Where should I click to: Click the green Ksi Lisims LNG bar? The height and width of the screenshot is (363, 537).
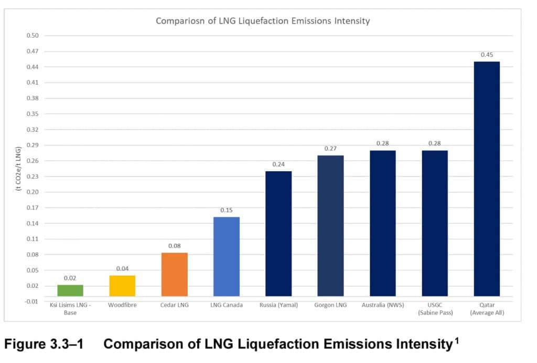tap(70, 291)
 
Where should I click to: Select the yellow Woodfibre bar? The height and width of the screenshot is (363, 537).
tap(122, 286)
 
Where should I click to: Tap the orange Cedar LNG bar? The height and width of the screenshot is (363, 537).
tap(174, 275)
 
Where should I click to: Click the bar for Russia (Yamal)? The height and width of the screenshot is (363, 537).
tap(278, 234)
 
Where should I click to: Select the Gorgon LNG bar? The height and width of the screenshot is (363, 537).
tap(330, 226)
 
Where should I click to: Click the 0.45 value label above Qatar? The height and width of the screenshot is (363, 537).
tap(486, 55)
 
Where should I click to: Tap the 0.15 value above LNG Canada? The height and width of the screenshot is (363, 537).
tap(226, 210)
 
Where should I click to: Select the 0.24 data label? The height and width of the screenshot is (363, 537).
tap(278, 164)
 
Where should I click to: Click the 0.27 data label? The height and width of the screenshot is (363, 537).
tap(330, 149)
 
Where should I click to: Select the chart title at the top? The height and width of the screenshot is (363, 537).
tap(263, 21)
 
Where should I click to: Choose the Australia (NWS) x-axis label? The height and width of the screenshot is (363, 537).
tap(382, 305)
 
